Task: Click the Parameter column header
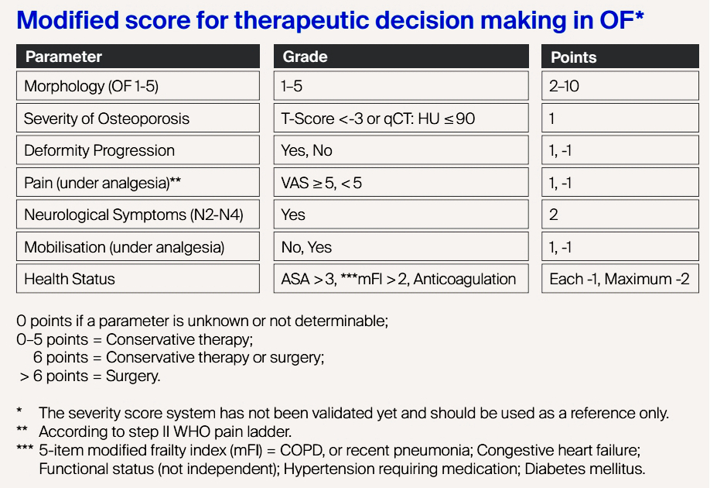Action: [138, 57]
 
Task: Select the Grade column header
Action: [401, 57]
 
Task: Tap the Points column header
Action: [620, 57]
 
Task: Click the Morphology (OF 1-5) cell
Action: [138, 86]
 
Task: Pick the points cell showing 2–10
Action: [620, 86]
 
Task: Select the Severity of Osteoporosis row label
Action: [138, 119]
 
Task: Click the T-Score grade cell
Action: [401, 119]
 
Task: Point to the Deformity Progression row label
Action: [138, 150]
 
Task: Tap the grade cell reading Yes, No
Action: [401, 150]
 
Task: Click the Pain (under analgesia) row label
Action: [138, 182]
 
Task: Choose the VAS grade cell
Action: [401, 182]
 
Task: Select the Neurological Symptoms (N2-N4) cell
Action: [138, 215]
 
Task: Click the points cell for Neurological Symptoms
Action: [620, 215]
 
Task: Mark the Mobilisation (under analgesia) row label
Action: [138, 247]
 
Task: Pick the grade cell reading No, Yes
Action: [401, 247]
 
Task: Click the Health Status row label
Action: [138, 278]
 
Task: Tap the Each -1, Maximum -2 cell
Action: [620, 278]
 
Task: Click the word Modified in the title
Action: [67, 20]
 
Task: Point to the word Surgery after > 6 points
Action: [133, 376]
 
